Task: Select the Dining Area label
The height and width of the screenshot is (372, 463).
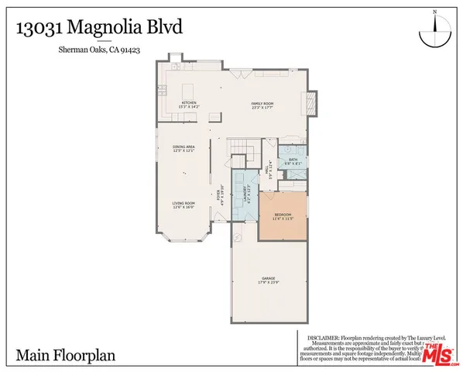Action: [183, 148]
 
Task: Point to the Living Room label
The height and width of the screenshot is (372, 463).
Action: [183, 205]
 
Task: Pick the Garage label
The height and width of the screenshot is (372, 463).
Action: [269, 281]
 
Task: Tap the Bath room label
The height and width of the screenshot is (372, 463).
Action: [293, 161]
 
